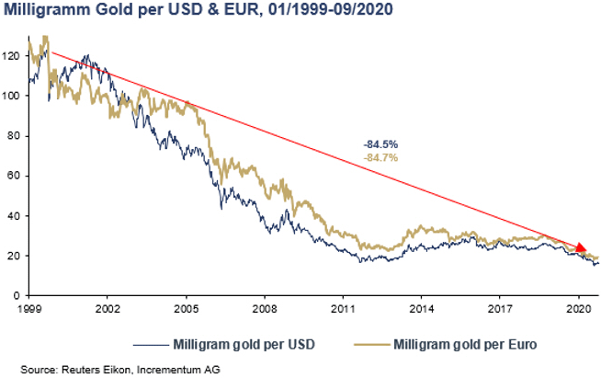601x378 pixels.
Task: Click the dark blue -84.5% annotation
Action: [x=380, y=144]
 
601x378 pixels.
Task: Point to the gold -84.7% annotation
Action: [x=380, y=158]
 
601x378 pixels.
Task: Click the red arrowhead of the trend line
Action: [x=582, y=248]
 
